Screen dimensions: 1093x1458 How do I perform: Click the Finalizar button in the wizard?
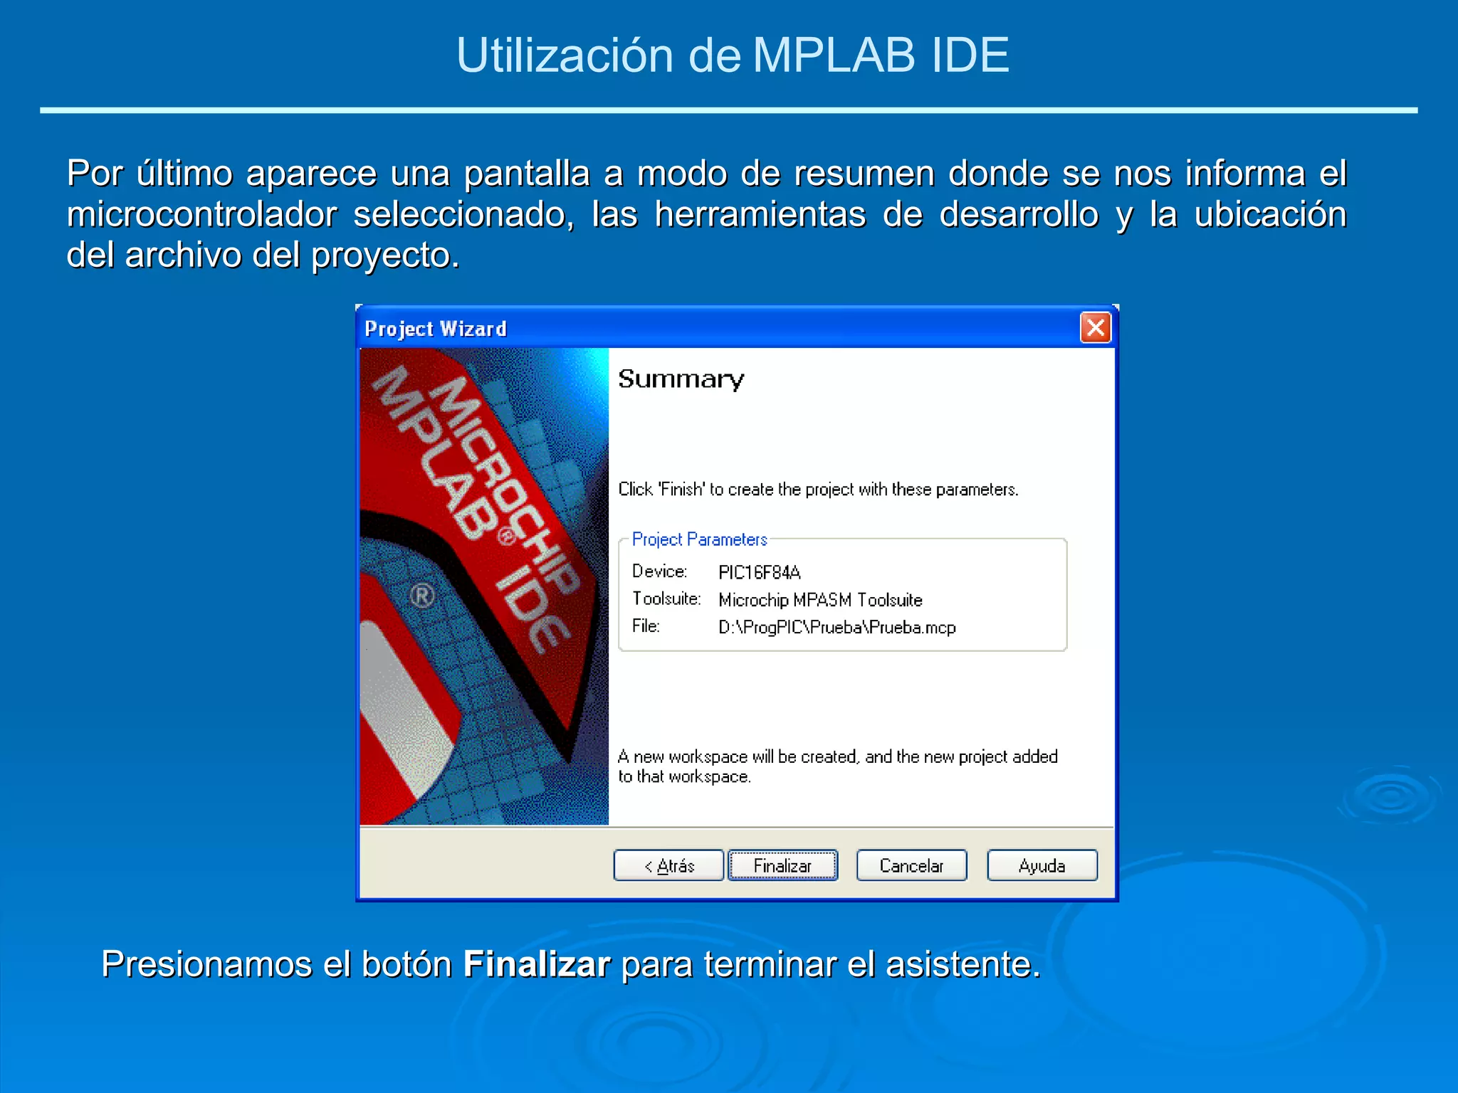pos(782,865)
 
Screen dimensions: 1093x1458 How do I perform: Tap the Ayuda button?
pos(1042,865)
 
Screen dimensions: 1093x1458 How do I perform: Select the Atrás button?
pos(668,865)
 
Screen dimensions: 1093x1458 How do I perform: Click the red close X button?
pos(1096,328)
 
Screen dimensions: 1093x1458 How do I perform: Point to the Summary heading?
pos(681,379)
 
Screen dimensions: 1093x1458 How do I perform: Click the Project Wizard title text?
pos(436,329)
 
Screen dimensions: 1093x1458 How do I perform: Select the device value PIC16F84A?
pos(759,572)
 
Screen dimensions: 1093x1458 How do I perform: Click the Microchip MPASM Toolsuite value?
pos(820,600)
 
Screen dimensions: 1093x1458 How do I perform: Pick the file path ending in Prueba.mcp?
pos(836,628)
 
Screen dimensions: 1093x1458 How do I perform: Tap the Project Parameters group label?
pos(699,539)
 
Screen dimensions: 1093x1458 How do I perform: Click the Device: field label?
pos(659,571)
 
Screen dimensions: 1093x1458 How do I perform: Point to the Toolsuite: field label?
pos(666,598)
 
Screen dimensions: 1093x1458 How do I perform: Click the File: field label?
pos(646,626)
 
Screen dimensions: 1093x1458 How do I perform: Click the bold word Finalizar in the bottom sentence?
pos(536,964)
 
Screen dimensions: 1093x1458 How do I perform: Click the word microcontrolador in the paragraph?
pos(201,214)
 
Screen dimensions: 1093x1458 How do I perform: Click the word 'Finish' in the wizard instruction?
pos(681,490)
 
